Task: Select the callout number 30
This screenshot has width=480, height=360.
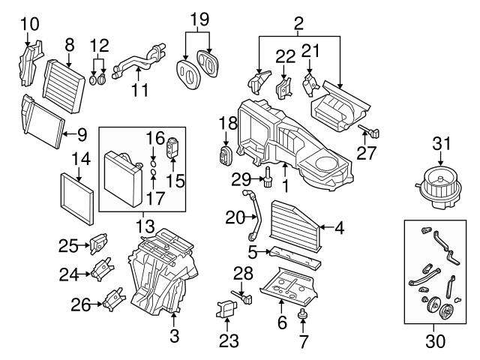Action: (x=435, y=341)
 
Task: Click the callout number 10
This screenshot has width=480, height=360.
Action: (x=28, y=23)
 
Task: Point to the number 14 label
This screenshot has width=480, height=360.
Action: (x=80, y=158)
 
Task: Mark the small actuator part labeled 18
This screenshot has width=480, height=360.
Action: (x=223, y=157)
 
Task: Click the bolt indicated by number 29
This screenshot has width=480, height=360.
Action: (x=265, y=178)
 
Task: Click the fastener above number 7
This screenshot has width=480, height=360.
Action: (x=304, y=314)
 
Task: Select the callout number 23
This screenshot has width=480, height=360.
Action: (x=229, y=342)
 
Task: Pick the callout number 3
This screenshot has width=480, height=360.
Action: (x=175, y=333)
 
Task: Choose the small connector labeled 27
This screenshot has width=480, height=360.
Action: (x=373, y=133)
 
